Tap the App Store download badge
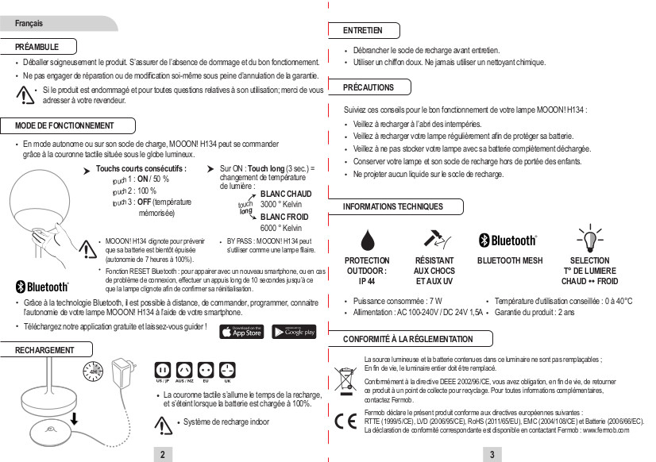[241, 331]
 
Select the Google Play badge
[294, 331]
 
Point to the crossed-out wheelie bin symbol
[345, 376]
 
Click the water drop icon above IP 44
[366, 240]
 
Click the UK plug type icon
[228, 370]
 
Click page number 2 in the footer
[162, 454]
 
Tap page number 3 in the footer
[492, 454]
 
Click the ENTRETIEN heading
[362, 30]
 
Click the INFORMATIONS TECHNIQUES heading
[392, 206]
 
